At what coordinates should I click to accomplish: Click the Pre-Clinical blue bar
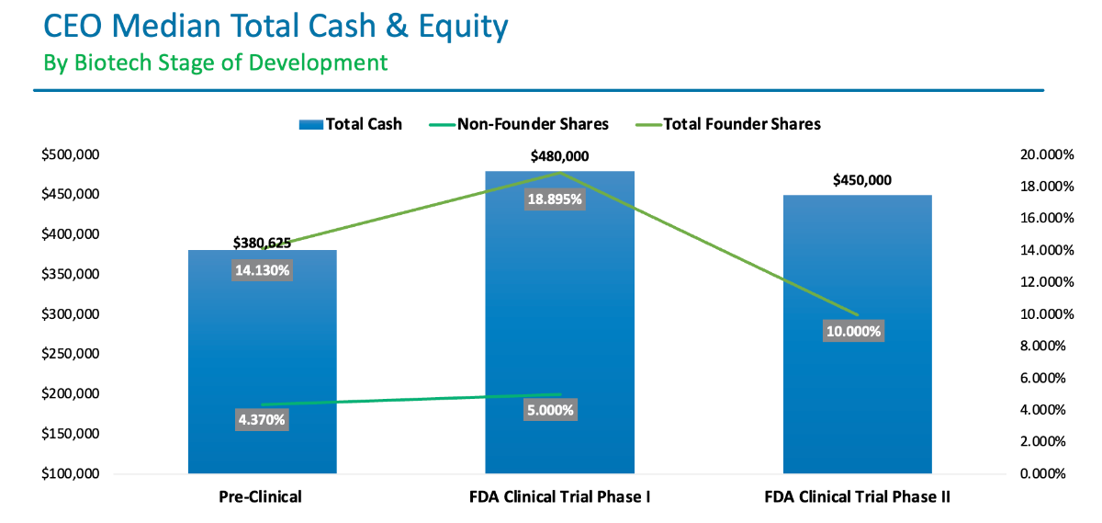(x=262, y=349)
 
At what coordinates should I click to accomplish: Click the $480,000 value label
(x=559, y=156)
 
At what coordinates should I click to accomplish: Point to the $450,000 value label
(x=861, y=180)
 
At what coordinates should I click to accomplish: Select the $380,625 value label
(x=262, y=243)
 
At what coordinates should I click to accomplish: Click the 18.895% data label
(x=555, y=199)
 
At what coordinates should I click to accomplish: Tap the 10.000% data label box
(x=854, y=331)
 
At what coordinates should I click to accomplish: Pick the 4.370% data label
(x=262, y=419)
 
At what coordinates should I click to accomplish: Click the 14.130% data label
(x=262, y=270)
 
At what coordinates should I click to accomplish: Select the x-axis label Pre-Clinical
(x=261, y=497)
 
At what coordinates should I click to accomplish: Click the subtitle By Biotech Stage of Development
(x=216, y=63)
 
